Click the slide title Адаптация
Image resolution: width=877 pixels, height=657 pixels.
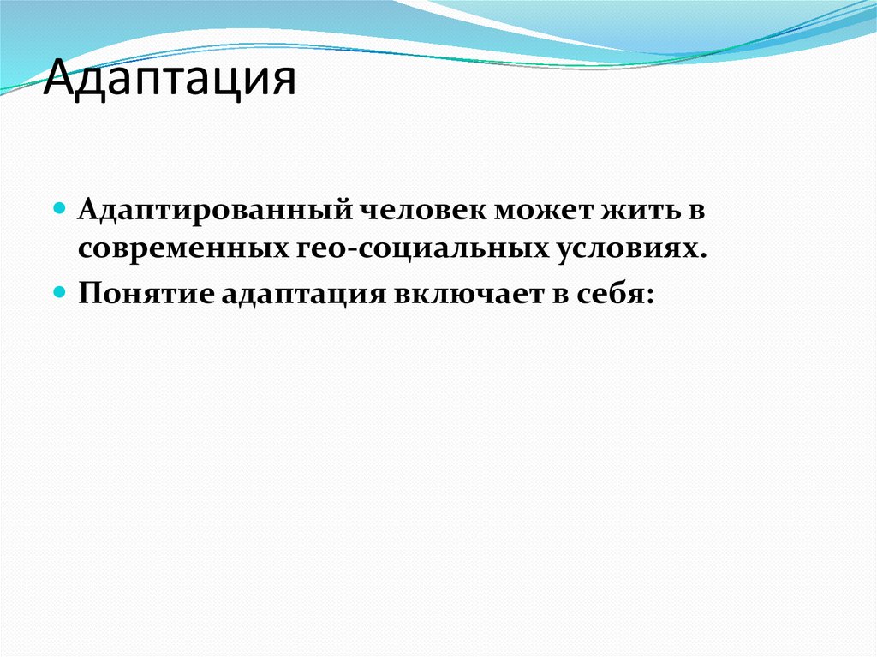click(x=170, y=80)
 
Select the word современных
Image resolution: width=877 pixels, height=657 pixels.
click(x=182, y=249)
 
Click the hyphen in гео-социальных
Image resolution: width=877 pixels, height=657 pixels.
click(x=355, y=249)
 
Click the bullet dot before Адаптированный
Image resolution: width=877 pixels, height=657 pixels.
click(x=61, y=208)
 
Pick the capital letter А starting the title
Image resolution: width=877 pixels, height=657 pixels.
click(x=58, y=80)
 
